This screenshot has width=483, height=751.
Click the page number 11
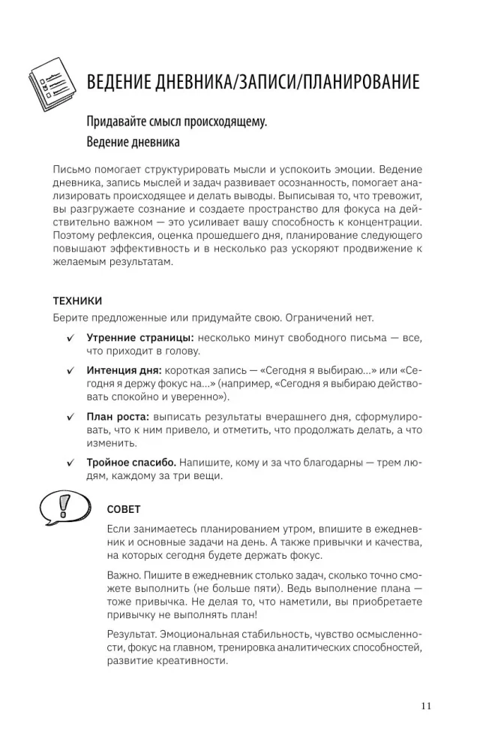point(426,705)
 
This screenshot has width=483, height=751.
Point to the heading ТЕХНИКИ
point(78,300)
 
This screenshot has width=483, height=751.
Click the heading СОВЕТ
point(124,508)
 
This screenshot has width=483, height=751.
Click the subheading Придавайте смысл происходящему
point(177,122)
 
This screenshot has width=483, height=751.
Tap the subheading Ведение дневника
point(133,143)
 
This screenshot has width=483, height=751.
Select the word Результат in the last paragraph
point(133,635)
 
